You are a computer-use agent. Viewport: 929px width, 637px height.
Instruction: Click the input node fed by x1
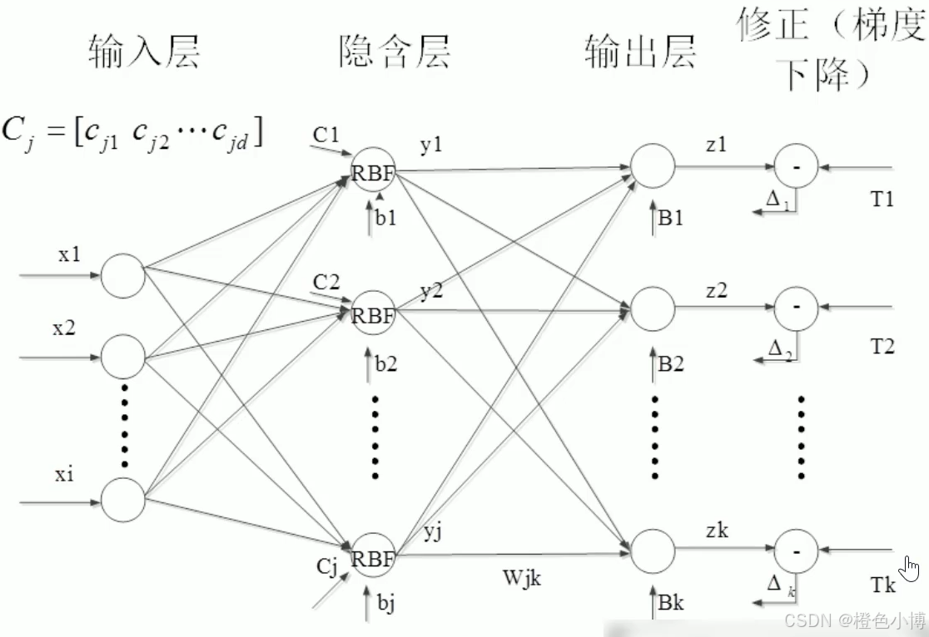pyautogui.click(x=123, y=276)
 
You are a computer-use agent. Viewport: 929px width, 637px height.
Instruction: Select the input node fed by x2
pyautogui.click(x=123, y=356)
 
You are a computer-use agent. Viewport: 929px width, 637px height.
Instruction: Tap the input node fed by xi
pyautogui.click(x=123, y=501)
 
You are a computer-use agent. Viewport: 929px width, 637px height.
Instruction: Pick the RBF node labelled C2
pyautogui.click(x=372, y=314)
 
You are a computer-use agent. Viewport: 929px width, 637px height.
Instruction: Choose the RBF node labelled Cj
pyautogui.click(x=372, y=557)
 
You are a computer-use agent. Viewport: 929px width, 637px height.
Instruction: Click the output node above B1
pyautogui.click(x=652, y=165)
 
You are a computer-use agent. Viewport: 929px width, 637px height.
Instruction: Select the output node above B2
pyautogui.click(x=652, y=309)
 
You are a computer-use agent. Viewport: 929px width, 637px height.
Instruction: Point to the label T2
pyautogui.click(x=882, y=347)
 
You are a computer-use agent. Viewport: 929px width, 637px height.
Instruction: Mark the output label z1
pyautogui.click(x=716, y=145)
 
